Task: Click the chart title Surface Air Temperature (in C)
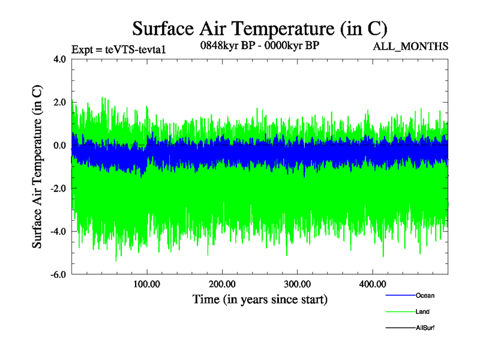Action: [x=259, y=28]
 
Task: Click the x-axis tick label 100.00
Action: [x=147, y=284]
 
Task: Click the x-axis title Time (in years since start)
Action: [x=260, y=299]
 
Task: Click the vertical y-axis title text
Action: [x=37, y=167]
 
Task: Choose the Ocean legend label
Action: [x=425, y=296]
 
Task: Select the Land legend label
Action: [x=422, y=312]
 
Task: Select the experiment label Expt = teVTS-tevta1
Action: [x=118, y=49]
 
